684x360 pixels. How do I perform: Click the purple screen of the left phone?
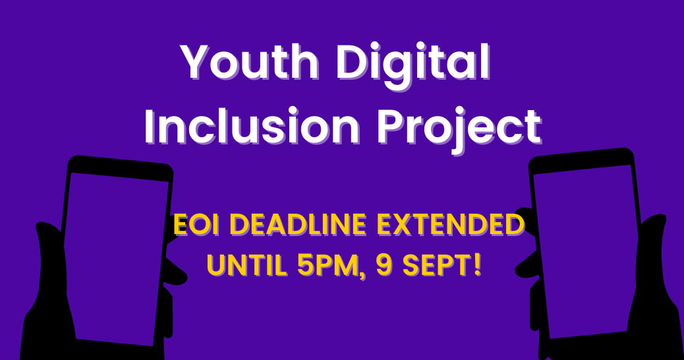tap(112, 257)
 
